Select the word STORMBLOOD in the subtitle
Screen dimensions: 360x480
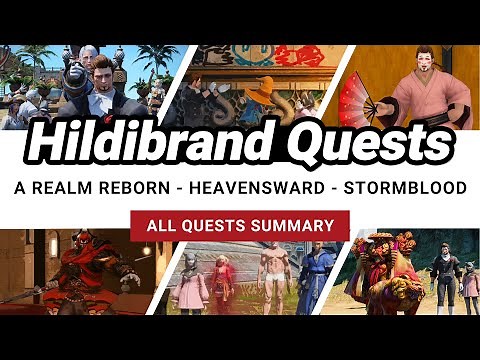tap(394, 187)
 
